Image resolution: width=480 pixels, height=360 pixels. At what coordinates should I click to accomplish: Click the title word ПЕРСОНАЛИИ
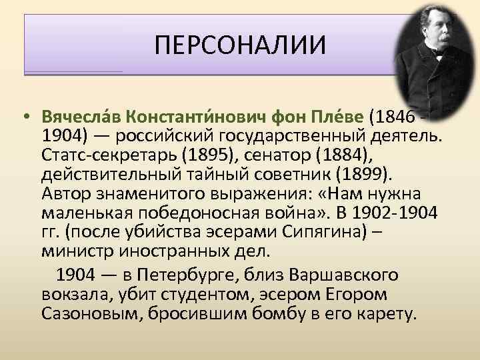241,46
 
